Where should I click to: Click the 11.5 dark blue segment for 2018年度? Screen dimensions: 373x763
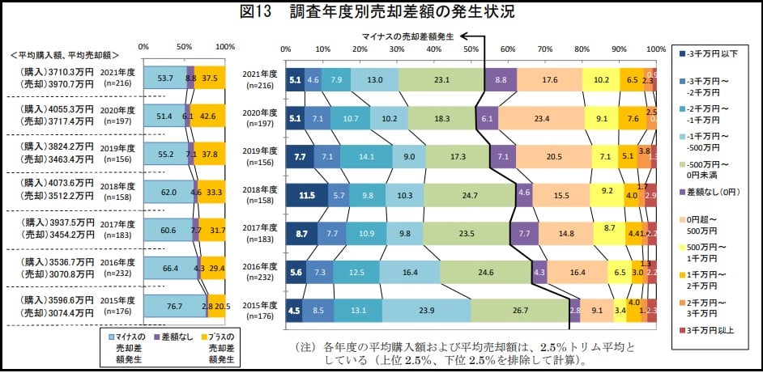pyautogui.click(x=306, y=195)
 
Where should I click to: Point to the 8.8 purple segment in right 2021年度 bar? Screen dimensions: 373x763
pyautogui.click(x=501, y=78)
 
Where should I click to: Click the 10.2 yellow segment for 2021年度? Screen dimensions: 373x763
pyautogui.click(x=602, y=78)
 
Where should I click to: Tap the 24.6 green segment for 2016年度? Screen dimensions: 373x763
pyautogui.click(x=485, y=273)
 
